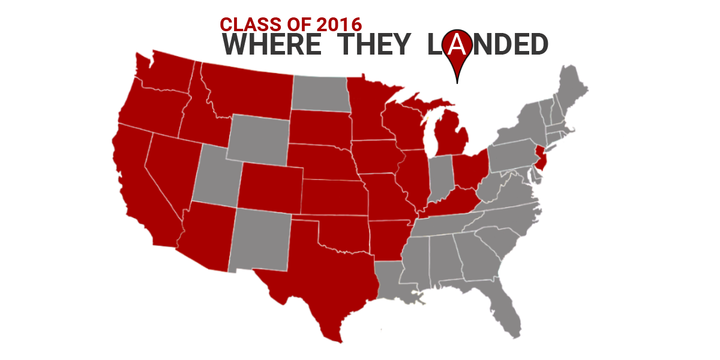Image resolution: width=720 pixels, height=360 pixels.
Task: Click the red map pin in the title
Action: pyautogui.click(x=457, y=48)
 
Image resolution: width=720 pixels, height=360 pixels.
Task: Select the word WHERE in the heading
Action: pyautogui.click(x=271, y=45)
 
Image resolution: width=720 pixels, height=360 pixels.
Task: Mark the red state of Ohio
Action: pyautogui.click(x=468, y=171)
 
